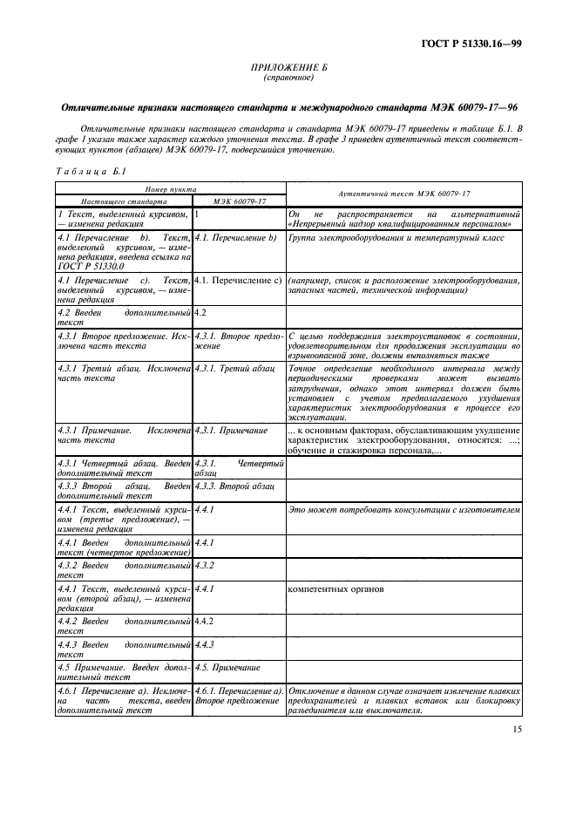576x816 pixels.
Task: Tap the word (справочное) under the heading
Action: pyautogui.click(x=288, y=78)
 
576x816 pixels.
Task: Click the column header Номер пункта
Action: pyautogui.click(x=169, y=187)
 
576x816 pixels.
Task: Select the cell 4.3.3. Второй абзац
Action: pyautogui.click(x=228, y=484)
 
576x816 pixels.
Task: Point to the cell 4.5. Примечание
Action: pyautogui.click(x=227, y=667)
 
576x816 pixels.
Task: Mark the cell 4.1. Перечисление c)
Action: pyautogui.click(x=236, y=280)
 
